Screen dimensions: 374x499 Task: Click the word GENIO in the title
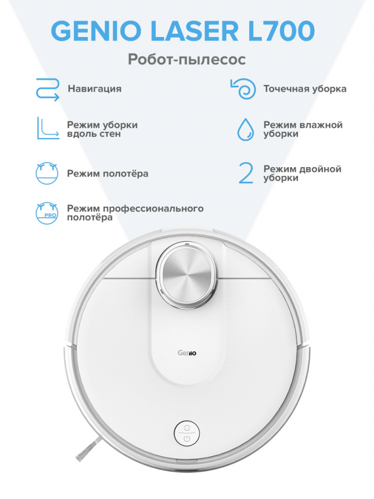96,31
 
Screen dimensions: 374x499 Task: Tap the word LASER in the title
195,31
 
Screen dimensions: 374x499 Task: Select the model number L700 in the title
281,31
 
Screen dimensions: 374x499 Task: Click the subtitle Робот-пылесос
187,59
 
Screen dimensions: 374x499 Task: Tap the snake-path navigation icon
47,90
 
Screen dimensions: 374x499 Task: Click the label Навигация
94,89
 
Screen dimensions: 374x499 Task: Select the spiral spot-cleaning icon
243,89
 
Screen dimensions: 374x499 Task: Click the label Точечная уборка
305,89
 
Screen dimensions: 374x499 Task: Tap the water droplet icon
245,129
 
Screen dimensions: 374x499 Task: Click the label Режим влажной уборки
303,129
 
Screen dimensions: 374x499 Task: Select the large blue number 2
246,173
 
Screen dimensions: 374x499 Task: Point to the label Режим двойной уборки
302,173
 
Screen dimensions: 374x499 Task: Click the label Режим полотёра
108,174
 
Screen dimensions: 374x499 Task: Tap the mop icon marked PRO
47,213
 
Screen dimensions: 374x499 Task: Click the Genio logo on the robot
187,353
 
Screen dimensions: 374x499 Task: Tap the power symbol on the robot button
187,439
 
